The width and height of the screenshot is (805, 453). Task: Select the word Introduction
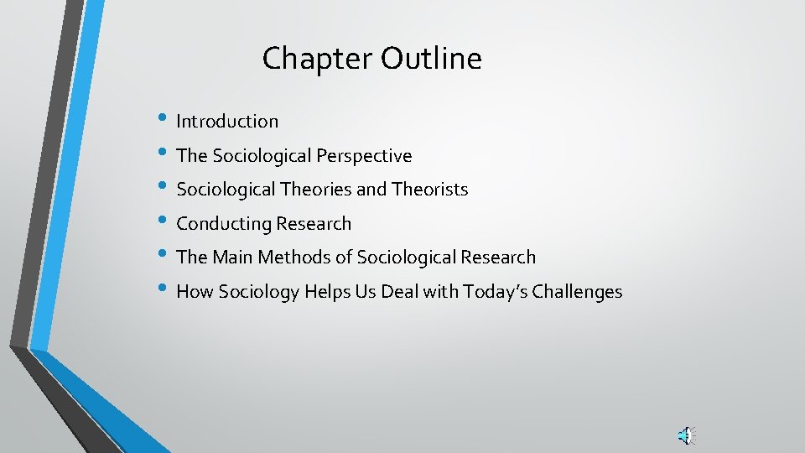[x=227, y=122]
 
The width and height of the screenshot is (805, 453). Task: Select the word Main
[x=235, y=258]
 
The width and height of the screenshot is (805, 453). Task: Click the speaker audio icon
[x=686, y=435]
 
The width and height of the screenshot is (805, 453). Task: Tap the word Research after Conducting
[x=315, y=224]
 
